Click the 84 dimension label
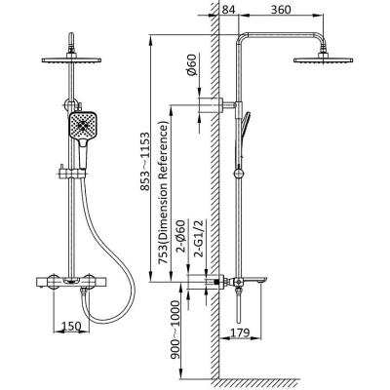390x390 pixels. point(228,9)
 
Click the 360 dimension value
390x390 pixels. point(281,9)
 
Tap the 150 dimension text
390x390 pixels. point(71,326)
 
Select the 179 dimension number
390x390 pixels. point(240,332)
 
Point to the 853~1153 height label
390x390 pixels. point(145,161)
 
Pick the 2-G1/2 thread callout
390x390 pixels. point(199,239)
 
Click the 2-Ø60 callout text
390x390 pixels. point(180,236)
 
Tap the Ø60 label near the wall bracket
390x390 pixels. point(192,64)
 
